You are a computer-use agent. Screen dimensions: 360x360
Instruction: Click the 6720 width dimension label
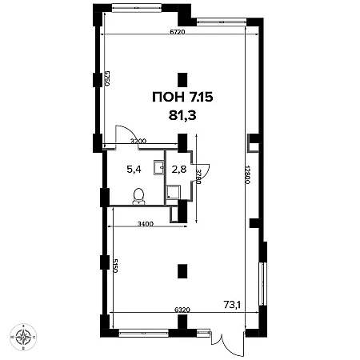(x=178, y=32)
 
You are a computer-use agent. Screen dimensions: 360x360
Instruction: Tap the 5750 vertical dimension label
(x=107, y=78)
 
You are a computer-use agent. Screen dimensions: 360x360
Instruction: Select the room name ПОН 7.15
(x=182, y=97)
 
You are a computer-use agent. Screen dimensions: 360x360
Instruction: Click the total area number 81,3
(x=182, y=116)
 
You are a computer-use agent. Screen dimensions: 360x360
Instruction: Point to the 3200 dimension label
(x=138, y=141)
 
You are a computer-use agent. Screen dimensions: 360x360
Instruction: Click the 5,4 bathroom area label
(x=134, y=169)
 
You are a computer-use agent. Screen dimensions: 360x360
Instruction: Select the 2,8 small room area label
(x=179, y=169)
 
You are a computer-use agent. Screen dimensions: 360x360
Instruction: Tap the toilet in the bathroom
(x=138, y=197)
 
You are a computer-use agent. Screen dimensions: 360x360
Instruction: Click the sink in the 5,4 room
(x=159, y=167)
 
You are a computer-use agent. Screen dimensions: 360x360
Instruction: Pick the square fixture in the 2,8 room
(x=173, y=192)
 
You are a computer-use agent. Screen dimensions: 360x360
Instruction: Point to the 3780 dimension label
(x=198, y=176)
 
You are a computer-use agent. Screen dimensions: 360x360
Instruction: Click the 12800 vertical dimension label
(x=247, y=175)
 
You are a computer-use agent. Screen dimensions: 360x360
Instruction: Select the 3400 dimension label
(x=146, y=224)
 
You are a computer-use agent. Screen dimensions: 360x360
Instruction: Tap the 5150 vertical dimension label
(x=115, y=266)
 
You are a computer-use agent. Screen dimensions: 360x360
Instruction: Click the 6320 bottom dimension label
(x=182, y=310)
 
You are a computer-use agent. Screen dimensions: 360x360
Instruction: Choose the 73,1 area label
(x=232, y=305)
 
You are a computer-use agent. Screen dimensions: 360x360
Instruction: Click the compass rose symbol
(x=23, y=337)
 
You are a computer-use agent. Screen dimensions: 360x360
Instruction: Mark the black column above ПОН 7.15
(x=182, y=80)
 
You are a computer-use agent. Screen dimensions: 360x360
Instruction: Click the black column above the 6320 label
(x=182, y=271)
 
